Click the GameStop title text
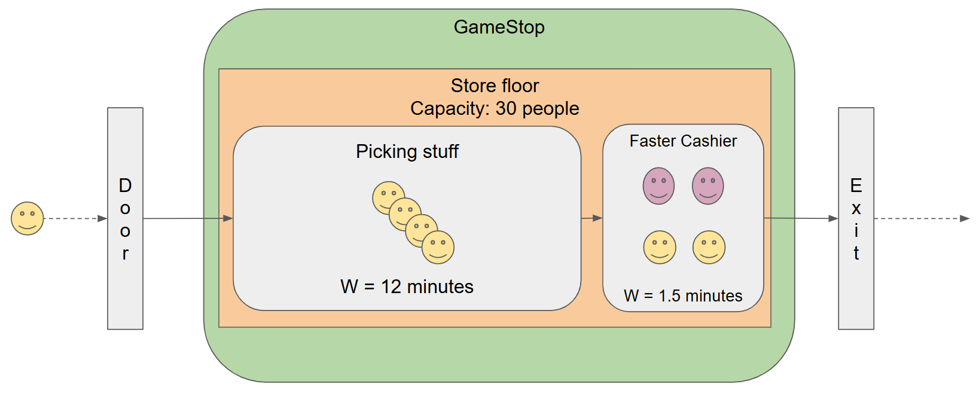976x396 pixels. pyautogui.click(x=499, y=27)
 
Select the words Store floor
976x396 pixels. pyautogui.click(x=495, y=86)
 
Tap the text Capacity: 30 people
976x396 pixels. pyautogui.click(x=495, y=108)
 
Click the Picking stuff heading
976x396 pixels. pyautogui.click(x=407, y=151)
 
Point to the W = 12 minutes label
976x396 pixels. pyautogui.click(x=407, y=287)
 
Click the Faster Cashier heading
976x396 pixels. pyautogui.click(x=683, y=141)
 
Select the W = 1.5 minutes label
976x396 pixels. pyautogui.click(x=683, y=296)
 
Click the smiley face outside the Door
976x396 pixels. pyautogui.click(x=28, y=218)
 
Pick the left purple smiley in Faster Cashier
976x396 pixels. pyautogui.click(x=658, y=186)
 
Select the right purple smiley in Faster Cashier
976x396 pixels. pyautogui.click(x=708, y=186)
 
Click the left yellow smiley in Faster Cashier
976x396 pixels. pyautogui.click(x=660, y=247)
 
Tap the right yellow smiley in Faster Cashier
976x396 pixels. pyautogui.click(x=709, y=247)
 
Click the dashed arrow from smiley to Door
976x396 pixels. pyautogui.click(x=75, y=218)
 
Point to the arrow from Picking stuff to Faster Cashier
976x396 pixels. pyautogui.click(x=591, y=218)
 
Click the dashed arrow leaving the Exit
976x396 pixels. pyautogui.click(x=921, y=218)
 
